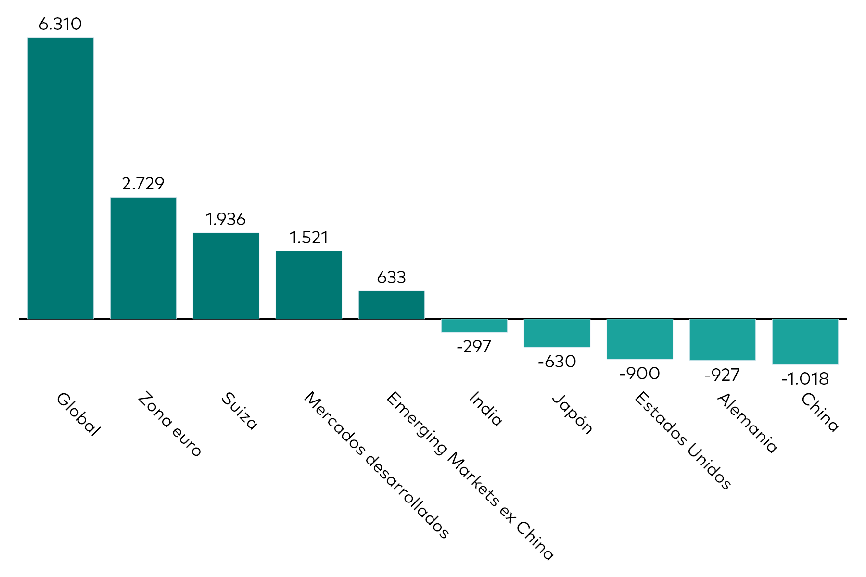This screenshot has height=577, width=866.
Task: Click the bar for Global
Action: click(61, 178)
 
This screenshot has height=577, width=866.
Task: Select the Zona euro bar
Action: click(143, 258)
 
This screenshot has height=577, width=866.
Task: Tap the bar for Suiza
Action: click(226, 276)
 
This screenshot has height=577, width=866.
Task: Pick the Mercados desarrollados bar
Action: click(309, 285)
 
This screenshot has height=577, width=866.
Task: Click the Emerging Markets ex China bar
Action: click(392, 305)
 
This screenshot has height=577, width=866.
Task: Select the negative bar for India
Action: click(474, 326)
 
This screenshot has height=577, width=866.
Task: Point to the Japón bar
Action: click(557, 333)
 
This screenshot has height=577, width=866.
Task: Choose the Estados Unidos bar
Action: click(640, 339)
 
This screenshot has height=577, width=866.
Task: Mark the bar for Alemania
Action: click(723, 339)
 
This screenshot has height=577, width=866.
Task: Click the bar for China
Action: click(805, 341)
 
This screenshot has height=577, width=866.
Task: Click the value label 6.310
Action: click(60, 24)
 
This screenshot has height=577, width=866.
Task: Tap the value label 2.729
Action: click(143, 184)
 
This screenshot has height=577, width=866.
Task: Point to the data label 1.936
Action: click(226, 219)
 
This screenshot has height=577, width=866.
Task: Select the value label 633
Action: click(392, 277)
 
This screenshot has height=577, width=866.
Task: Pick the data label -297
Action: click(474, 347)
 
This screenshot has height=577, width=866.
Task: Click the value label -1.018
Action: click(805, 379)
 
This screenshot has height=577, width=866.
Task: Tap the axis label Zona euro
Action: click(169, 424)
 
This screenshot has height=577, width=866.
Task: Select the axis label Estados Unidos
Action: click(683, 440)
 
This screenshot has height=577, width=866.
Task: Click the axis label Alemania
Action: click(747, 423)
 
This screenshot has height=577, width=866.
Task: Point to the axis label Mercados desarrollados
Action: click(377, 464)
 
